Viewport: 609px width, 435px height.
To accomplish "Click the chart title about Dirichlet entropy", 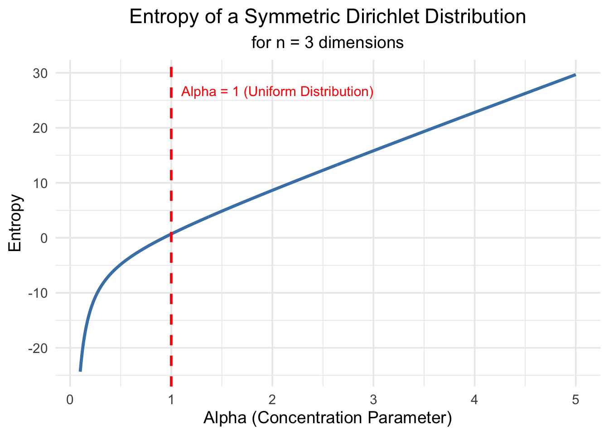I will coord(327,17).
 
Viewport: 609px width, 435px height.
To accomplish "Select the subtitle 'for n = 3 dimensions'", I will coord(327,43).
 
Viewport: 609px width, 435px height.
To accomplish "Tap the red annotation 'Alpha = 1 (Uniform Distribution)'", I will coord(277,92).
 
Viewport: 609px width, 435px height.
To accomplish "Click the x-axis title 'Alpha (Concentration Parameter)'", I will coord(327,418).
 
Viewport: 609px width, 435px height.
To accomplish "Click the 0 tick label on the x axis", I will coord(70,400).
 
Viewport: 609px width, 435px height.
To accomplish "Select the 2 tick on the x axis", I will coord(272,400).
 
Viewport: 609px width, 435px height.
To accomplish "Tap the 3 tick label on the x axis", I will coord(373,400).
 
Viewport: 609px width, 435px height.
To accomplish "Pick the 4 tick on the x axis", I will coord(474,400).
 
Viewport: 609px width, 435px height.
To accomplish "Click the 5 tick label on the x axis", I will coord(575,400).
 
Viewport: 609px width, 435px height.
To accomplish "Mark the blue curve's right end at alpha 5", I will coord(575,75).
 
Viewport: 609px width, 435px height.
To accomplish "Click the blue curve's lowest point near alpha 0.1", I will coord(80,371).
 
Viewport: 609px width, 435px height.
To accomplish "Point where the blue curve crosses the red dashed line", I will coord(171,234).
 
